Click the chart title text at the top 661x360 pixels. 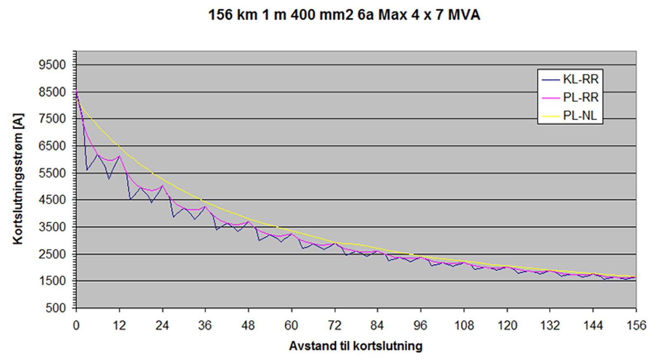(x=344, y=15)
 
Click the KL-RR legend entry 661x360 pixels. (x=580, y=79)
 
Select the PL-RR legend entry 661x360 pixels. (x=580, y=97)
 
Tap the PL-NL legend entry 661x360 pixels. (x=579, y=116)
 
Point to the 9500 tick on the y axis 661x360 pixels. (x=52, y=65)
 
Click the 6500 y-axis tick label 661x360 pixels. (x=52, y=146)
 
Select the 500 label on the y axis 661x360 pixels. (x=55, y=308)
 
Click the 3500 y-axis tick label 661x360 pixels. (x=52, y=227)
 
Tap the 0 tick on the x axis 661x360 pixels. (x=76, y=326)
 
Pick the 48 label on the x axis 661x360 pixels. (x=248, y=326)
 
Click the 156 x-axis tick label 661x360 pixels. (x=636, y=326)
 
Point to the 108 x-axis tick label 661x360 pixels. (x=464, y=326)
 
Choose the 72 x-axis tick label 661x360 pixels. (x=334, y=326)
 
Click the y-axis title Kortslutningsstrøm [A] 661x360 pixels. (x=18, y=179)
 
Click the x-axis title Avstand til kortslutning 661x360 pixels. (x=355, y=346)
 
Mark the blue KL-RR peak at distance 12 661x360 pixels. (x=119, y=156)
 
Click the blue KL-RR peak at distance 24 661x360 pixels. (x=162, y=186)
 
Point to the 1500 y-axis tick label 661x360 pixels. (x=52, y=281)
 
